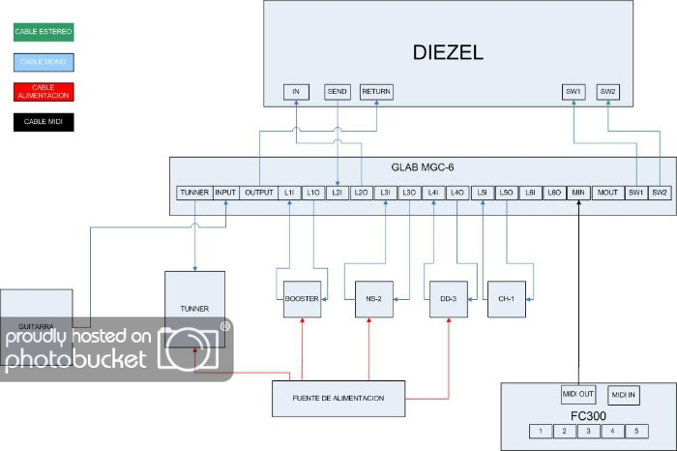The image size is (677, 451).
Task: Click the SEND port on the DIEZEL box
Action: click(337, 92)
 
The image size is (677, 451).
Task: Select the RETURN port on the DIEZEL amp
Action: click(376, 92)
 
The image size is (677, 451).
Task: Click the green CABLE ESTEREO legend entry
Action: click(43, 32)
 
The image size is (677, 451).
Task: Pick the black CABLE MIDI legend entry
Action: click(43, 122)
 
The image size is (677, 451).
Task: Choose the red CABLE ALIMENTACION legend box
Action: click(43, 92)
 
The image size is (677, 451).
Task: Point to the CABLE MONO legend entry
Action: click(43, 62)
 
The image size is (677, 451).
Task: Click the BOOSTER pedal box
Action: click(301, 299)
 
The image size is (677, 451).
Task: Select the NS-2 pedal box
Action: click(373, 299)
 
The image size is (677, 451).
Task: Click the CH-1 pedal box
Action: click(506, 299)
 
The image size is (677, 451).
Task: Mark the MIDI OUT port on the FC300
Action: click(578, 395)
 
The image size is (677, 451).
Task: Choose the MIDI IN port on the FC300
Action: click(625, 395)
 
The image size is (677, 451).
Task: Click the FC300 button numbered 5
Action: click(635, 432)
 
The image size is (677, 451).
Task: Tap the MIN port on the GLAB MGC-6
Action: click(578, 193)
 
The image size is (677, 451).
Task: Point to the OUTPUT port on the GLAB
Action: click(259, 193)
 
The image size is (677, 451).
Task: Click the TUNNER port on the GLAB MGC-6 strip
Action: click(193, 193)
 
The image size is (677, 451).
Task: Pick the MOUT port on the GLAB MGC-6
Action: click(607, 193)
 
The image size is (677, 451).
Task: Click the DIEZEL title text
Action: click(448, 54)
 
